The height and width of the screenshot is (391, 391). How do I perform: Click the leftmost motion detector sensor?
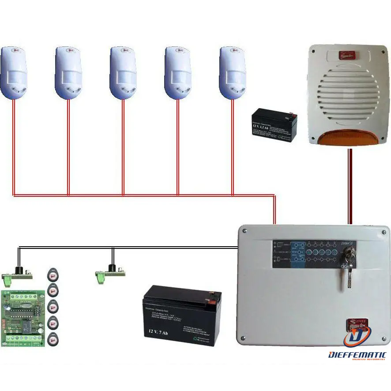pyautogui.click(x=14, y=72)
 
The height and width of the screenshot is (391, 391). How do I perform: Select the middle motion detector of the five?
pyautogui.click(x=123, y=72)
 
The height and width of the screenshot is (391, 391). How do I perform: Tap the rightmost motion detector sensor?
pyautogui.click(x=233, y=72)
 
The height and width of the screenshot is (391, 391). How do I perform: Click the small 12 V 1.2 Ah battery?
pyautogui.click(x=274, y=125)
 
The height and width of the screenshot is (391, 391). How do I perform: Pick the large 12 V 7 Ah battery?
pyautogui.click(x=182, y=315)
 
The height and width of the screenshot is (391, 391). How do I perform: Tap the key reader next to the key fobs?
pyautogui.click(x=18, y=274)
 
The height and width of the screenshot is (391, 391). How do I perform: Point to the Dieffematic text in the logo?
pyautogui.click(x=357, y=355)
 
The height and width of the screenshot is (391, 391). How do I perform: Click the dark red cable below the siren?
pyautogui.click(x=350, y=185)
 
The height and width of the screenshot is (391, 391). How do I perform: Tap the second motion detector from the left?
pyautogui.click(x=68, y=72)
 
